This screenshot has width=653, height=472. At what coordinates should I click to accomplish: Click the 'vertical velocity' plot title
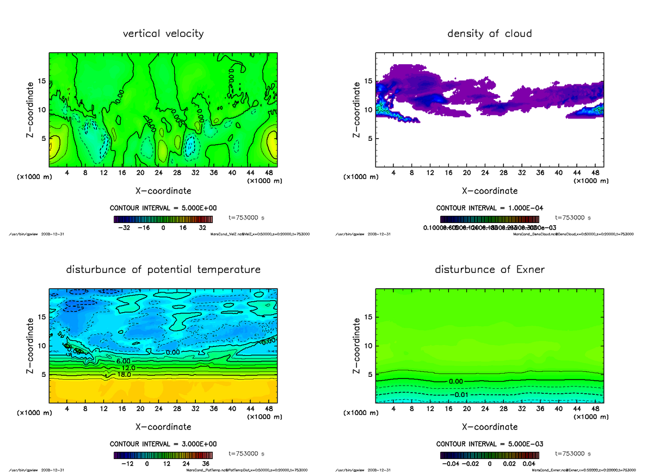coord(163,34)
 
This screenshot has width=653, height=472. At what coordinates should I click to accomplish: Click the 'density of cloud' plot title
coord(489,34)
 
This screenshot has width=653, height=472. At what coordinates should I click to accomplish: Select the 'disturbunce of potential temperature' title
coord(163,270)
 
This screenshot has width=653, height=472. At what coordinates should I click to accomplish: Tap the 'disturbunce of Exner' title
coord(489,270)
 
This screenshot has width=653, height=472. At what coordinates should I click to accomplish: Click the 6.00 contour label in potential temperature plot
coord(123,361)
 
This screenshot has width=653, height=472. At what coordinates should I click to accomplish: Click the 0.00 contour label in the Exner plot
coord(456,381)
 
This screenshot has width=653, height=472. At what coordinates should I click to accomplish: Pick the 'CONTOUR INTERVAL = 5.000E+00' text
coord(163,208)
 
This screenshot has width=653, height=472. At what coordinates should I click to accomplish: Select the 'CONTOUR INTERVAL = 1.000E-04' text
coord(489,208)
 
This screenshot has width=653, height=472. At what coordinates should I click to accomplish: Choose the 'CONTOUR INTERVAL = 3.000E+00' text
coord(163,444)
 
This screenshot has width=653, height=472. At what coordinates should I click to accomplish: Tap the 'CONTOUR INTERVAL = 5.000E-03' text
coord(489,444)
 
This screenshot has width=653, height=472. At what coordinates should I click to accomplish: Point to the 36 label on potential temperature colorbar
coord(207,463)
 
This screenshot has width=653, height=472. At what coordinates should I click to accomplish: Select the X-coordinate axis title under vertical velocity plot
coord(163,191)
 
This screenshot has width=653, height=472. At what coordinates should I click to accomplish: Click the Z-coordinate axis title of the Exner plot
coord(357,345)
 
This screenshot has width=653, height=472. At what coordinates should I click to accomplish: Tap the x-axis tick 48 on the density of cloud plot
coord(596,172)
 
